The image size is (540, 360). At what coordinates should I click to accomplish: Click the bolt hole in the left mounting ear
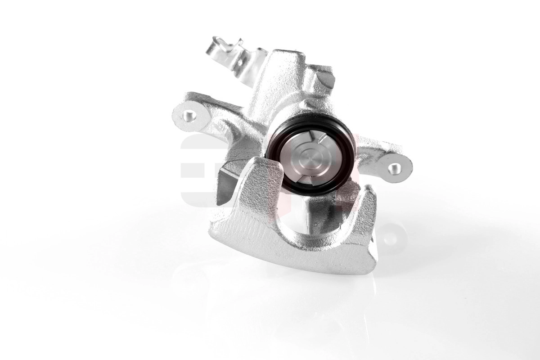[191, 115]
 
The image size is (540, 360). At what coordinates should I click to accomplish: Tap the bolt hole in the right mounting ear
[395, 168]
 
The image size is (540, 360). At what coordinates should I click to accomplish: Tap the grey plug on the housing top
[327, 80]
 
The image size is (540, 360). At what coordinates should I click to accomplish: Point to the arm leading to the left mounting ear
[220, 112]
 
